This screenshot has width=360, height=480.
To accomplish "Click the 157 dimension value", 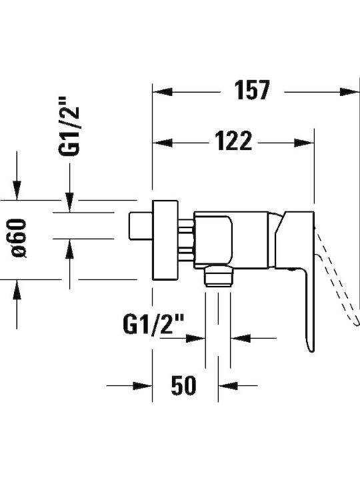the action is pos(252,90).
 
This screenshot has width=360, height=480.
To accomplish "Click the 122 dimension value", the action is pos(233,141).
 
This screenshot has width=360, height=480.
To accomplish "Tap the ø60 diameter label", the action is pos(19,238).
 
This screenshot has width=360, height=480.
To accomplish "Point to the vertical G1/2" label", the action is pos(69,127).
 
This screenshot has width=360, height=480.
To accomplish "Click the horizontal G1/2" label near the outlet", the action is pos(153,324).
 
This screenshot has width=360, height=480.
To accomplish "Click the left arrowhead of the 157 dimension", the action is pos(162,92).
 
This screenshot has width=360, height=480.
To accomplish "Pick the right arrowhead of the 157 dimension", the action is pos(349,92).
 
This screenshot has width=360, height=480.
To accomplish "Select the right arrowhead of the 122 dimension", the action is pos(304,143).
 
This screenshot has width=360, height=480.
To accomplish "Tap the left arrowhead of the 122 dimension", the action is pos(162,143).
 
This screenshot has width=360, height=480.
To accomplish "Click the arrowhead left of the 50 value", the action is pos(143,386).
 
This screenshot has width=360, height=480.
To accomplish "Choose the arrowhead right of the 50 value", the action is pos(228,386).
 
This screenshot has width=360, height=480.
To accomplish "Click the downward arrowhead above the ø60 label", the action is pos(17,191).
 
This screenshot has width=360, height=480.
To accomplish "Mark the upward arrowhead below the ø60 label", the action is pos(17,289).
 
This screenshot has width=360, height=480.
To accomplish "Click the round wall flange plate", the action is pos(165,240).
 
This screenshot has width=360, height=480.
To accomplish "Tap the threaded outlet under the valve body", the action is pos(218,277).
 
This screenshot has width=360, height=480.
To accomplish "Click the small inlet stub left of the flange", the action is pos(141,225).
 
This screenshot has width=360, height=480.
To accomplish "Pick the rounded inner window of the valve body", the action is pos(213,239).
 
